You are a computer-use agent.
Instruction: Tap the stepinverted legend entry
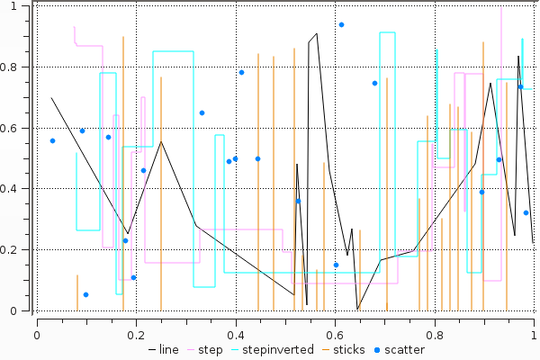(x=274, y=349)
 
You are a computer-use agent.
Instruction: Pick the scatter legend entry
(x=403, y=349)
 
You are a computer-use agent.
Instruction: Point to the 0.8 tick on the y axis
(x=33, y=67)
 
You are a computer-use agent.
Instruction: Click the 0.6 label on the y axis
(x=14, y=128)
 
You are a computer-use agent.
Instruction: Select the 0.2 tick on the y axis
(x=33, y=249)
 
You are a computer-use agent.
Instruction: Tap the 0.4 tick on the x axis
(x=236, y=313)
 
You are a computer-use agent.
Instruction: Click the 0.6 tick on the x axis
(x=336, y=313)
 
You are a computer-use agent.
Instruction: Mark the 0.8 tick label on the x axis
(x=435, y=334)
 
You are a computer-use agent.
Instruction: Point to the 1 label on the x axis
(x=535, y=334)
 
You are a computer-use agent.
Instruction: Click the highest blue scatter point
(x=341, y=24)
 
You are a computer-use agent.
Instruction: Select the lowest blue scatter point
(x=85, y=294)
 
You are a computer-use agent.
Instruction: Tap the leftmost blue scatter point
(x=52, y=140)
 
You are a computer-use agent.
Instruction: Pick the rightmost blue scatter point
(x=526, y=212)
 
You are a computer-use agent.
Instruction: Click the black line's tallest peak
(x=317, y=33)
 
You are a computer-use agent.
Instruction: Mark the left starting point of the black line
(x=51, y=97)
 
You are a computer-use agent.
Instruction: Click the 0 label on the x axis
(x=37, y=334)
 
